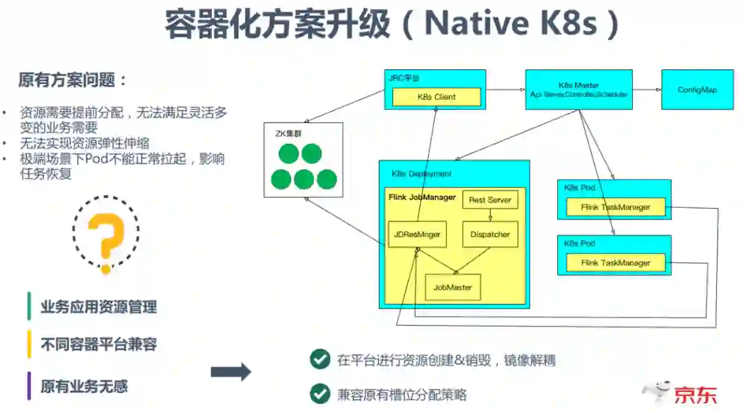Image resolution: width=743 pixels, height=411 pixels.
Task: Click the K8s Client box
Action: coord(436,97)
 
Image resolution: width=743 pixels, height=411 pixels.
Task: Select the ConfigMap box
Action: coord(697,89)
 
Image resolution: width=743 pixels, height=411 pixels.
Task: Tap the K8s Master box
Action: coord(579,89)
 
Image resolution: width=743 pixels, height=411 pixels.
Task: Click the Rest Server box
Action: coord(490,200)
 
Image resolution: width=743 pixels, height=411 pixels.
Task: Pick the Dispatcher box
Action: coord(490,234)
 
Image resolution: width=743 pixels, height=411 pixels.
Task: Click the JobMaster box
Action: coord(453,287)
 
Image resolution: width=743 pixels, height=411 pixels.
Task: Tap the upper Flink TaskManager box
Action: coord(616,207)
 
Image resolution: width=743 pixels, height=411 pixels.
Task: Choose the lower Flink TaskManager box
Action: coord(616,263)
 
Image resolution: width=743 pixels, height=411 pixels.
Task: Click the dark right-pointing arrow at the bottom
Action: coord(230,373)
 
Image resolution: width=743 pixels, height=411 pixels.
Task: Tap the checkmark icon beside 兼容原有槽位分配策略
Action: coord(319,394)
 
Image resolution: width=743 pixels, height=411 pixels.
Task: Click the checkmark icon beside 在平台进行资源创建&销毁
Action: coord(319,359)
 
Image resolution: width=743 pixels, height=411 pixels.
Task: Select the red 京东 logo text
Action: coord(695,395)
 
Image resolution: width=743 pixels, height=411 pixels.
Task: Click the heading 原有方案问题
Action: coord(73,80)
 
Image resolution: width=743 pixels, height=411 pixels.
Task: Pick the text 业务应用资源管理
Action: coord(98,307)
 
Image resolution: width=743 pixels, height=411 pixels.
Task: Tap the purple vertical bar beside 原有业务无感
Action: coord(29,386)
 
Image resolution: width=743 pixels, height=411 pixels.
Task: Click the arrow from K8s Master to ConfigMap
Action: coord(646,89)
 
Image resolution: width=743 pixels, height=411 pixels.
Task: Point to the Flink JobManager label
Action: coord(422,198)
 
